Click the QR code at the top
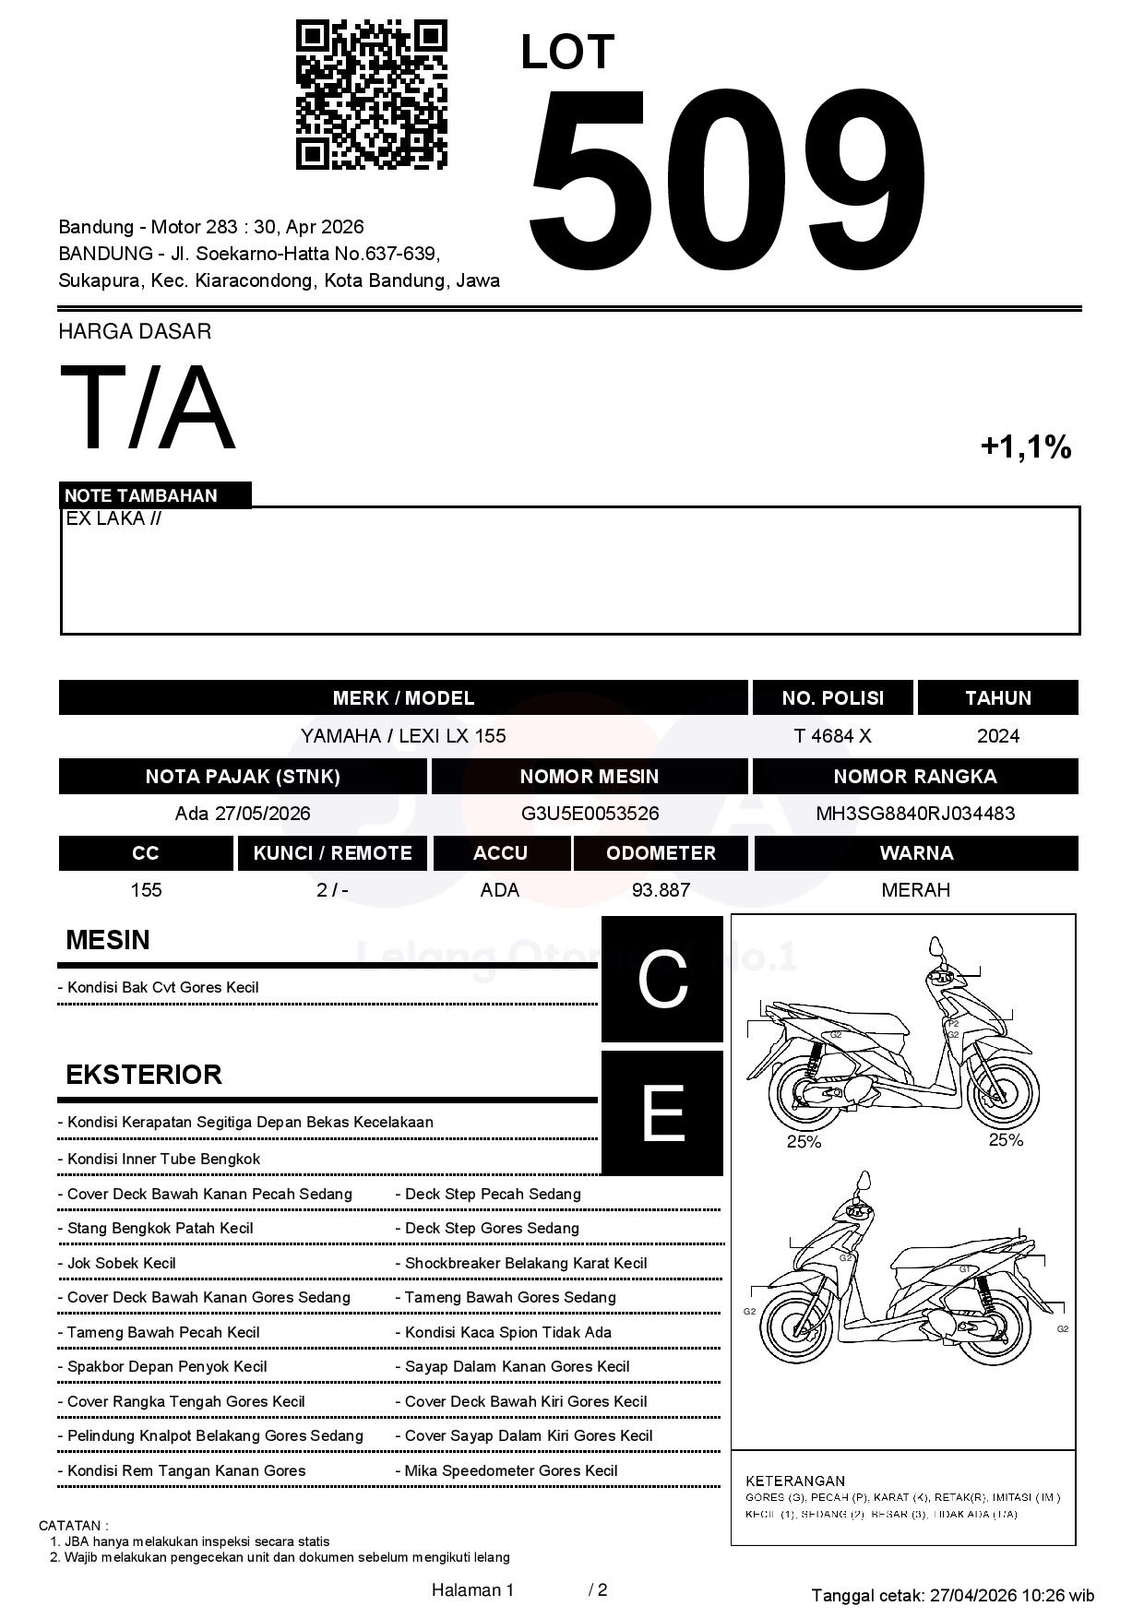371,96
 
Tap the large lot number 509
726,180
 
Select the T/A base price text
148,408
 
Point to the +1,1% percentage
1025,447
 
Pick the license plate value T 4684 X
832,736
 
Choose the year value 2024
997,736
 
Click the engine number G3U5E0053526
590,814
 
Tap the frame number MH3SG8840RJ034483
915,814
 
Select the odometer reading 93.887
661,890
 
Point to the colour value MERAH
915,890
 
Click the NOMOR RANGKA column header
915,777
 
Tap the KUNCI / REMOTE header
332,853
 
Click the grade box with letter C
662,980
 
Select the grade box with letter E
662,1113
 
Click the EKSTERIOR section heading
144,1075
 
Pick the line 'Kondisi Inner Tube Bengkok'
163,1160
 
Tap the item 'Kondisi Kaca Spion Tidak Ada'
507,1332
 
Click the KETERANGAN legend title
795,1481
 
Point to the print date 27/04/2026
972,1595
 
